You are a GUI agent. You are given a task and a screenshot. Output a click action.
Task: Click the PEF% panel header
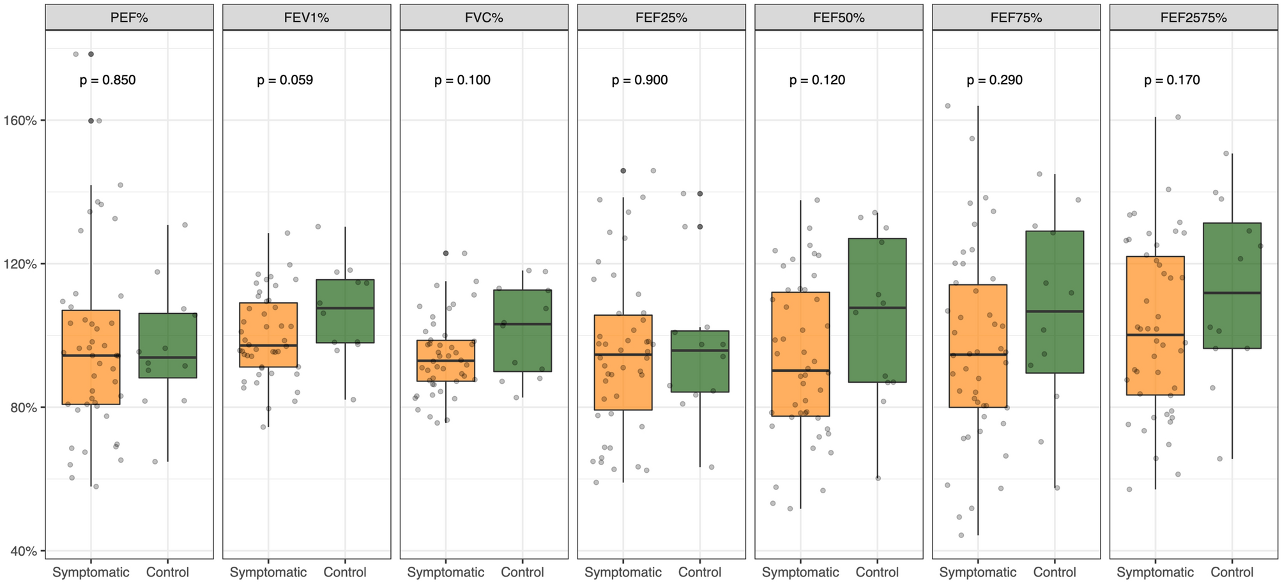[129, 18]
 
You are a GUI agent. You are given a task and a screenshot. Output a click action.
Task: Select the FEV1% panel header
[307, 18]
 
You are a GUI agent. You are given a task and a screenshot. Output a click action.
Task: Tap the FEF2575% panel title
[1193, 18]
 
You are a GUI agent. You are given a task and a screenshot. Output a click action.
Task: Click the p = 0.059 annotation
[285, 81]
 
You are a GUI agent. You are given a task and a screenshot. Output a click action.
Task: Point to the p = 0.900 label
[639, 81]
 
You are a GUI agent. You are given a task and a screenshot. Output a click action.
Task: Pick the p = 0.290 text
[995, 81]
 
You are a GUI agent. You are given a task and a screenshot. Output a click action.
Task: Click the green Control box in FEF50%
[878, 311]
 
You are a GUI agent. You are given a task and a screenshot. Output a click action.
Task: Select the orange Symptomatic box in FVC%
[446, 361]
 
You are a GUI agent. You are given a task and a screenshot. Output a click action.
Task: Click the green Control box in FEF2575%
[1232, 286]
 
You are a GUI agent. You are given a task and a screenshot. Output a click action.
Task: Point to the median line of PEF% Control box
[168, 357]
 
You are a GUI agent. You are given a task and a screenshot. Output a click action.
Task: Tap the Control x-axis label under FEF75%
[1055, 572]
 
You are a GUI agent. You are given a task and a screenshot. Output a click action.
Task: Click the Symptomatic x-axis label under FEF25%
[623, 572]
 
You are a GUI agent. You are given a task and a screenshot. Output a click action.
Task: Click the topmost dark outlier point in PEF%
[91, 54]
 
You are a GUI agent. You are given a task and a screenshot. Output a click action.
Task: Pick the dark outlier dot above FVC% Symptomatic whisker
[446, 254]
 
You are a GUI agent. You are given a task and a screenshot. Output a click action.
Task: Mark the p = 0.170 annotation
[1172, 81]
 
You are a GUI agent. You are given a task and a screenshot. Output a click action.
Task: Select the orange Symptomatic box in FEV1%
[268, 335]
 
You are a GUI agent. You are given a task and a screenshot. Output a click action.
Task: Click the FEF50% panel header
[839, 18]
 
